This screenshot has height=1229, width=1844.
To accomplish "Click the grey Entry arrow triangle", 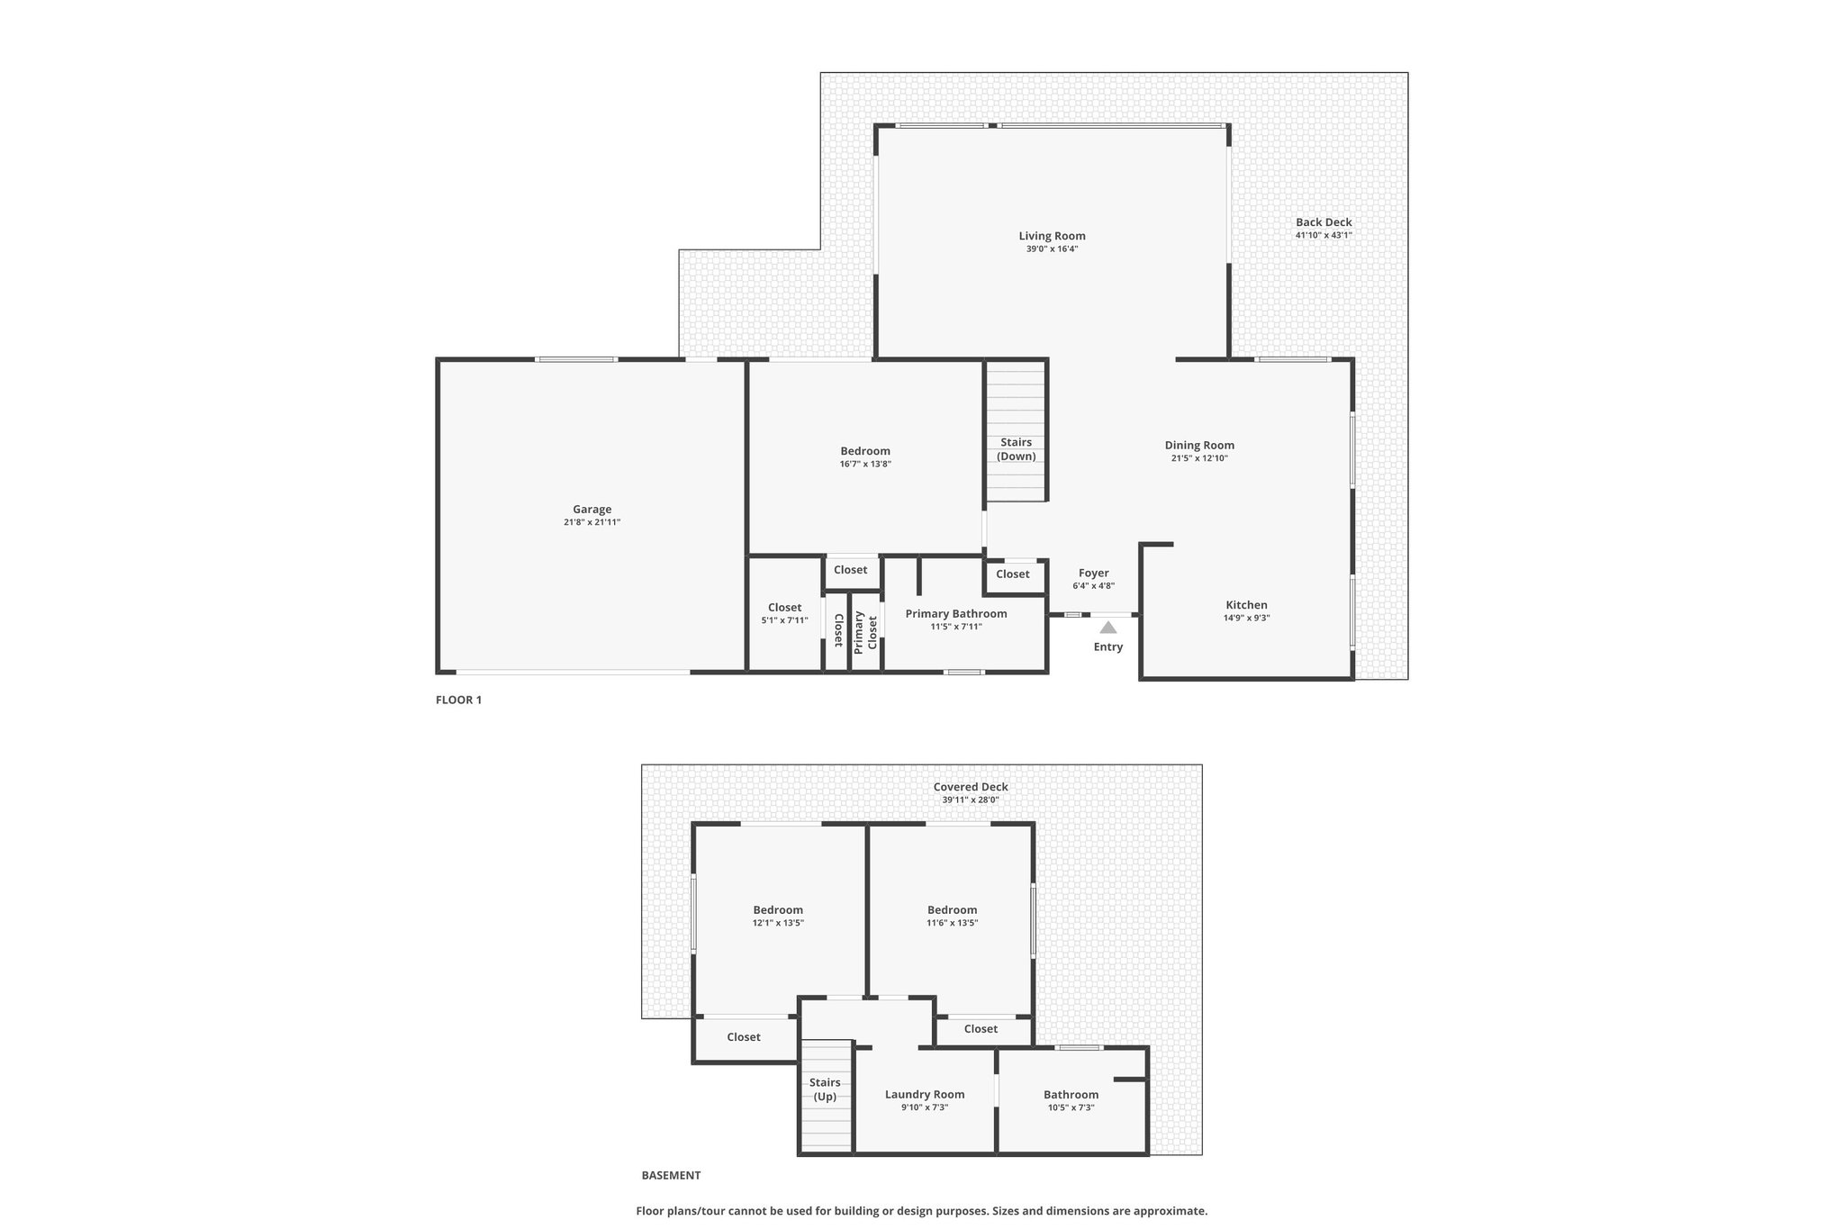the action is click(x=1108, y=628).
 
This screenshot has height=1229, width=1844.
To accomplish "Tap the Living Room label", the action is click(x=1052, y=236).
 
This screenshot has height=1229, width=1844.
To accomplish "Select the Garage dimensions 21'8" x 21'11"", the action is click(x=592, y=522).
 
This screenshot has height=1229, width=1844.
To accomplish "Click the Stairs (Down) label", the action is click(x=1017, y=449).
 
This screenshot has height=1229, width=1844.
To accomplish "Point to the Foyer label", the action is click(x=1094, y=573).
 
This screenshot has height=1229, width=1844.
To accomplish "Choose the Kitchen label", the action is click(x=1247, y=605).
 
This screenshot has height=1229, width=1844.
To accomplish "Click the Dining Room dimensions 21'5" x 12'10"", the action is click(x=1200, y=458).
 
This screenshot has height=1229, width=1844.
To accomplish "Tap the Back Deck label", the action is click(x=1324, y=222).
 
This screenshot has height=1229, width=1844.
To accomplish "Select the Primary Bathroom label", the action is click(x=956, y=614).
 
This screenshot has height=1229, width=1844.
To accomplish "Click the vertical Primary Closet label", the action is click(x=865, y=631).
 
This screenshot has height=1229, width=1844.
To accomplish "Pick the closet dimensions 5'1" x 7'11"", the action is click(x=785, y=620).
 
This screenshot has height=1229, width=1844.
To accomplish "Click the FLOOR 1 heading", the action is click(x=459, y=700).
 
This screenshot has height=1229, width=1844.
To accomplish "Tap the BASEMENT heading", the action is click(x=671, y=1175).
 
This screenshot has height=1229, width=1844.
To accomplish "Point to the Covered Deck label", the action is click(x=971, y=787).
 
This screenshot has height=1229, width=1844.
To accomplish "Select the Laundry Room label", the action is click(x=925, y=1095).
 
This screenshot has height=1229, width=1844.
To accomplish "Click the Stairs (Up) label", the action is click(x=825, y=1089).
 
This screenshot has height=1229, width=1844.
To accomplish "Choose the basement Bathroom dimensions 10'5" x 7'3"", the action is click(x=1071, y=1107).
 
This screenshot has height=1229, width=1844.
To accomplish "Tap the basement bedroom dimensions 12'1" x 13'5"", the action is click(x=779, y=923).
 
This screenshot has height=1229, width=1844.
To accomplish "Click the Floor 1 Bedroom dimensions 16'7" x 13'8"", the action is click(x=865, y=465).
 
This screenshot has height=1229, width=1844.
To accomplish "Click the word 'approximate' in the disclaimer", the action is click(x=1171, y=1211).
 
